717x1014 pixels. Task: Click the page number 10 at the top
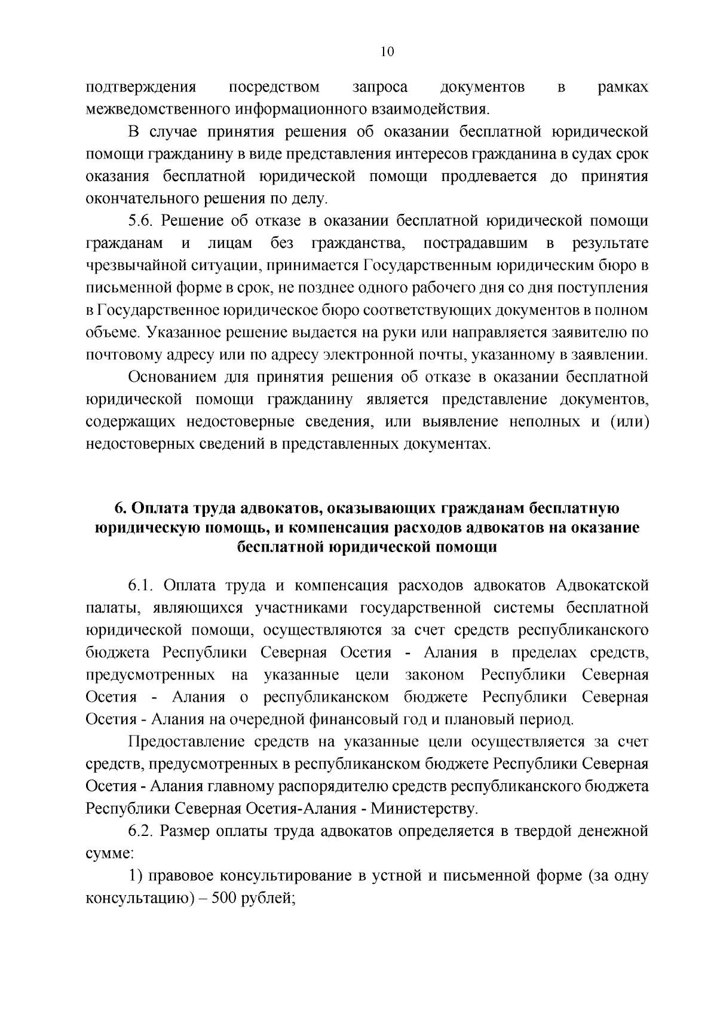click(x=387, y=52)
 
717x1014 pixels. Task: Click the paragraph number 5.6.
click(x=142, y=221)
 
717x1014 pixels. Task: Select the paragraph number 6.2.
click(x=142, y=831)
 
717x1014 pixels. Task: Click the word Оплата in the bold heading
click(x=152, y=508)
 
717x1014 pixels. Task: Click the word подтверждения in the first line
click(x=141, y=87)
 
